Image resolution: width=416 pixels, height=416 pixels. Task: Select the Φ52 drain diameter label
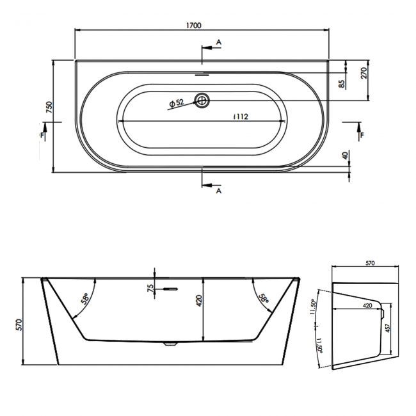(176, 102)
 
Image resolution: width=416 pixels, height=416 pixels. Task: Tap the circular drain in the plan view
(204, 100)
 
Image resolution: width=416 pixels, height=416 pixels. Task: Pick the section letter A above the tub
(219, 42)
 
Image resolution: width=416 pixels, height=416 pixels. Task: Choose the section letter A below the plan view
(219, 191)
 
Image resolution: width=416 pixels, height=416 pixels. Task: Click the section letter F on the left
(43, 136)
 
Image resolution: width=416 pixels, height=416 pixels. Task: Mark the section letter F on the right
(362, 136)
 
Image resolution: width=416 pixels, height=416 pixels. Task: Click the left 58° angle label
(84, 299)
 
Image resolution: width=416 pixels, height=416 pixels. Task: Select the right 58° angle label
(264, 299)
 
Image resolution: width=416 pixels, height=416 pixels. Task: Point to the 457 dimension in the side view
(388, 330)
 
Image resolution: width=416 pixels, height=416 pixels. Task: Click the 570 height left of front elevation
(19, 325)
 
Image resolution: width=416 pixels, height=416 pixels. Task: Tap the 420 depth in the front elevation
(198, 300)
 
